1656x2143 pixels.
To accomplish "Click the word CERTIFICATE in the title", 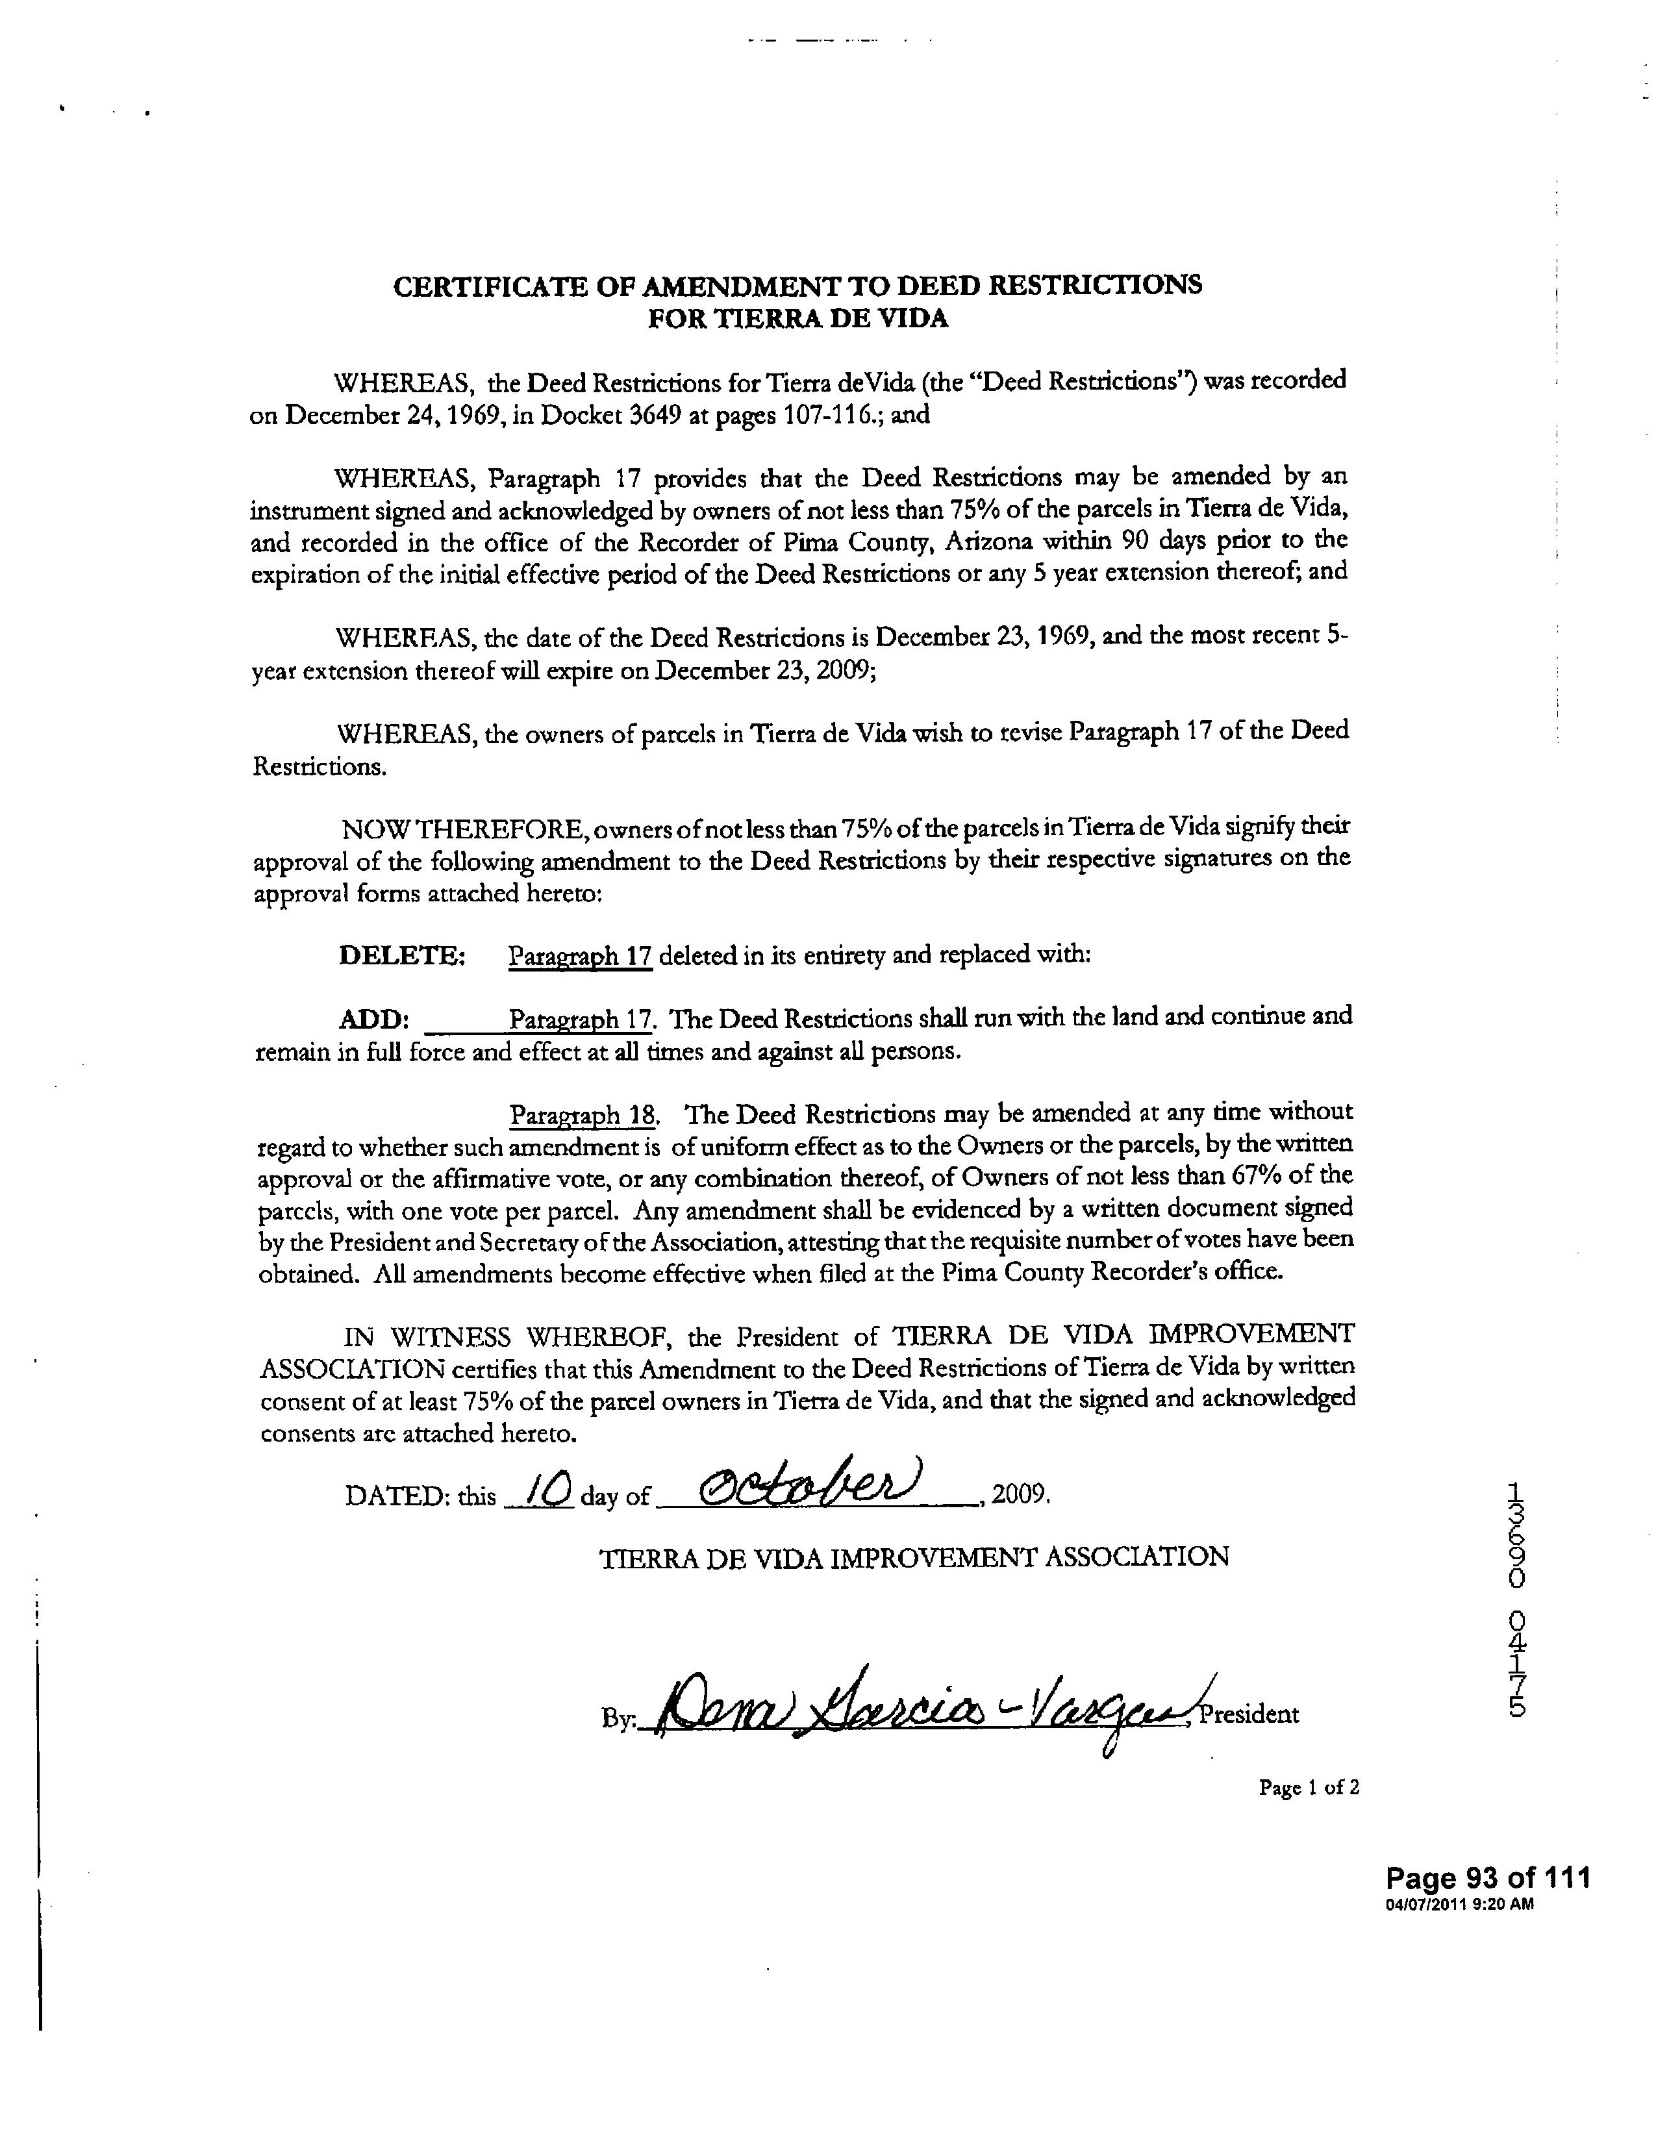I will click(x=476, y=286).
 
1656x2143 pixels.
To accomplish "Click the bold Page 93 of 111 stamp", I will click(x=1487, y=1878).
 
